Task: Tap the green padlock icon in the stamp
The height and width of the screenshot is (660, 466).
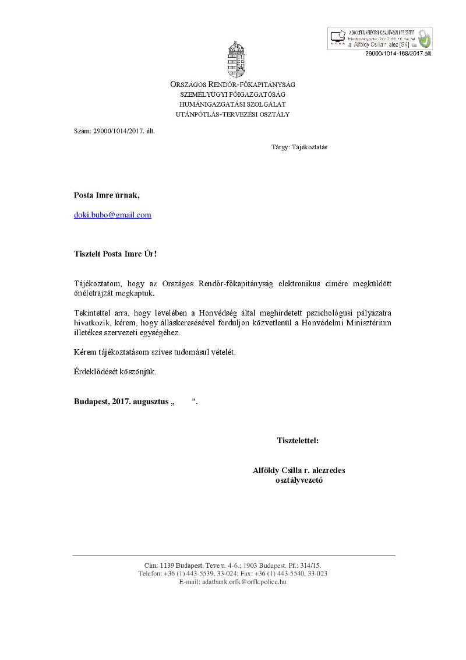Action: point(425,40)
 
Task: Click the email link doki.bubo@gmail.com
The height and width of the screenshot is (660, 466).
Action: point(112,215)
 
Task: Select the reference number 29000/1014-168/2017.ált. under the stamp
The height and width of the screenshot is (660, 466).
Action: point(398,53)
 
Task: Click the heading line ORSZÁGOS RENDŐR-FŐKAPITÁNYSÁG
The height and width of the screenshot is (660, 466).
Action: point(232,85)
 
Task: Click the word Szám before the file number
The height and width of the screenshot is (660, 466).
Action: point(82,131)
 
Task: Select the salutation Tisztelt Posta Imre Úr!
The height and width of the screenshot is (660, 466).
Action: point(115,254)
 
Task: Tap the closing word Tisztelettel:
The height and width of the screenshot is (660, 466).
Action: point(298,441)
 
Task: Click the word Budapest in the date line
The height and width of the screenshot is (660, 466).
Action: point(90,401)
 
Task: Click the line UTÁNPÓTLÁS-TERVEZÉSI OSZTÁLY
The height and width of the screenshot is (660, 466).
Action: point(232,114)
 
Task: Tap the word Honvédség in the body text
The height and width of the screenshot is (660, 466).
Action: point(214,312)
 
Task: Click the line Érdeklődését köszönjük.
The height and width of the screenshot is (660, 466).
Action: point(115,371)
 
